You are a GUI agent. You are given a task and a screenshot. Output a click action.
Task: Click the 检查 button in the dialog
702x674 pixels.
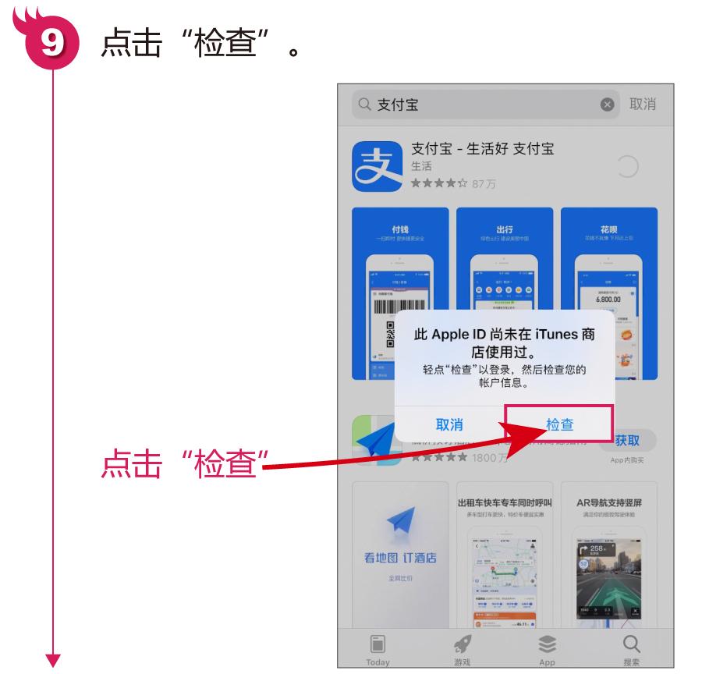[559, 424]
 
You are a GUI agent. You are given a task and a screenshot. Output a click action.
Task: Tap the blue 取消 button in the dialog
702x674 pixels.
[449, 424]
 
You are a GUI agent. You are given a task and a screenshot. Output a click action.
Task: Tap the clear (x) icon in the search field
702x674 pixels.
[607, 105]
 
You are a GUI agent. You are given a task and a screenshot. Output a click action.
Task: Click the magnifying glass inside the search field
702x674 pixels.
[364, 105]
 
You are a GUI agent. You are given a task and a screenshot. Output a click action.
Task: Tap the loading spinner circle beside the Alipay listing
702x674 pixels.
[628, 166]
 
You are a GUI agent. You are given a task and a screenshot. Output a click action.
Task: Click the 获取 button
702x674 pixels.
[627, 442]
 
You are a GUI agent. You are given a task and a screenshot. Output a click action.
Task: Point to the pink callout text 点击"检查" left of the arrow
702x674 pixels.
[180, 466]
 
